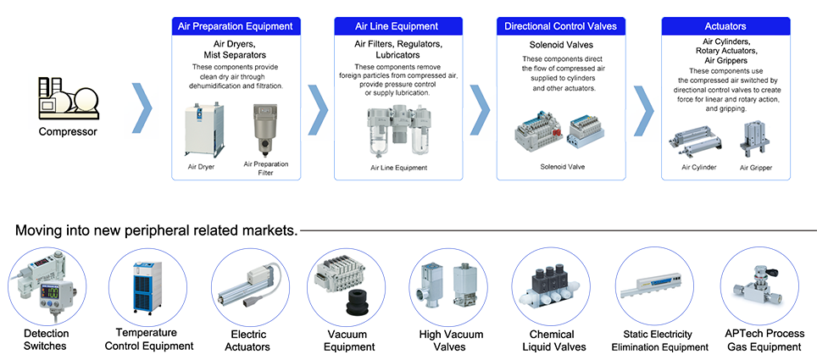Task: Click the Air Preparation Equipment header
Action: click(236, 26)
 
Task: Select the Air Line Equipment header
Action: click(397, 26)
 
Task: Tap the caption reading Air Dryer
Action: click(201, 167)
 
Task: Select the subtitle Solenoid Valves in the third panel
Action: click(562, 44)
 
